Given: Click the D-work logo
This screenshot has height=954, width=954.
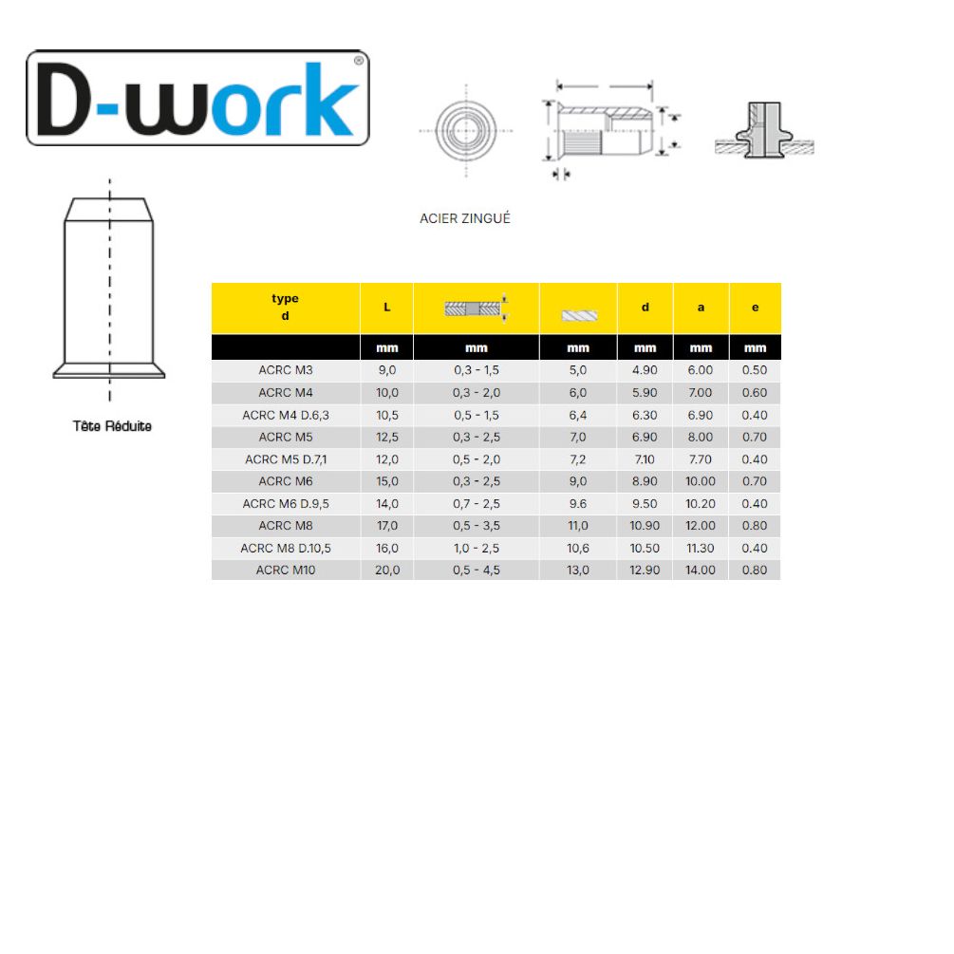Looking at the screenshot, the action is [x=197, y=98].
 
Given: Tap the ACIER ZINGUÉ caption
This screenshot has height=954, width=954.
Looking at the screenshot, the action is [x=465, y=218].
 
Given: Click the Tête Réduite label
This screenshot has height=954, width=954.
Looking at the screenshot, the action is [x=112, y=426].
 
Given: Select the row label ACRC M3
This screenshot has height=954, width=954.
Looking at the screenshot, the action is [x=286, y=370].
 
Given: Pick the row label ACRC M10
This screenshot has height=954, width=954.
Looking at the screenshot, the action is [x=286, y=571].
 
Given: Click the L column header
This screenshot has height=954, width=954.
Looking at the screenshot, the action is [x=386, y=308].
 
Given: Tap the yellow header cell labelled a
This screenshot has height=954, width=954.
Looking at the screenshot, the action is [x=701, y=308].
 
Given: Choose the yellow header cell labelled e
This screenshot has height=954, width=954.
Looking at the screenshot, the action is [x=755, y=308].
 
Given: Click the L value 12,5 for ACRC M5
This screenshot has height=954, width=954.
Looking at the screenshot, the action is [x=387, y=437].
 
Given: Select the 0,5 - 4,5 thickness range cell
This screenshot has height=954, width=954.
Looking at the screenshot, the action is [x=477, y=571].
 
